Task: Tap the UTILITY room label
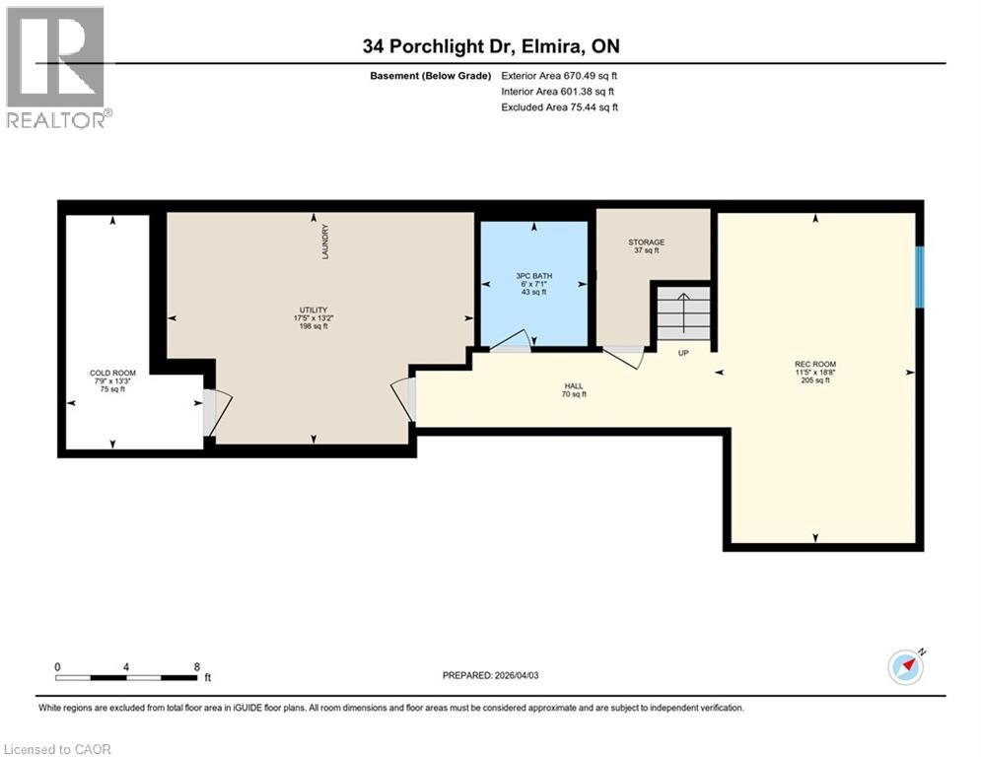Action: pyautogui.click(x=314, y=310)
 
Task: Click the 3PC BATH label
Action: pyautogui.click(x=533, y=275)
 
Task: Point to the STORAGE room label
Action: pyautogui.click(x=647, y=242)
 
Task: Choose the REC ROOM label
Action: pyautogui.click(x=814, y=364)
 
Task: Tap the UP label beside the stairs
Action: pyautogui.click(x=683, y=352)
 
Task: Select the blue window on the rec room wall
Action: pyautogui.click(x=919, y=277)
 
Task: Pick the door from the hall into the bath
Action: pyautogui.click(x=511, y=341)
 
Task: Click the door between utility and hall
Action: pyautogui.click(x=404, y=399)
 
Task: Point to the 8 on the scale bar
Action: pyautogui.click(x=197, y=666)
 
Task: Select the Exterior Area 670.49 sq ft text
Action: pyautogui.click(x=559, y=75)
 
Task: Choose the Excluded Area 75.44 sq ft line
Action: pyautogui.click(x=559, y=107)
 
